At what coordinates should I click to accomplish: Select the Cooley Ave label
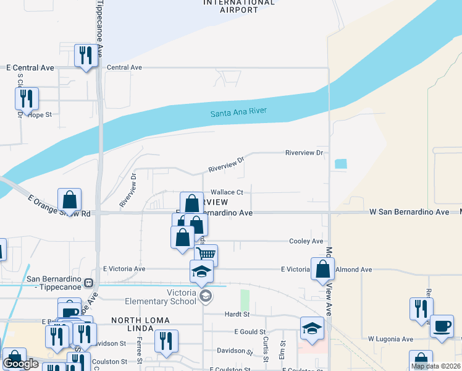click(307, 241)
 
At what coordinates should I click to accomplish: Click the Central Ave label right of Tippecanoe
click(124, 67)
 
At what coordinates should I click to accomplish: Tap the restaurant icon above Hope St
click(27, 98)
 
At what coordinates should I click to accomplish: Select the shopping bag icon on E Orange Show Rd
click(70, 200)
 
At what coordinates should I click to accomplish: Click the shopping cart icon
click(206, 254)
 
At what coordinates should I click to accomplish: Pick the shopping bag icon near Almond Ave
click(322, 269)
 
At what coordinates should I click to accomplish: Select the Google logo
click(20, 364)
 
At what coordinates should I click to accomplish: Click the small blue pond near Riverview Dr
click(340, 164)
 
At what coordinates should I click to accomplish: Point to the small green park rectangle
click(244, 300)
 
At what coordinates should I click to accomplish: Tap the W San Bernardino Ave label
click(409, 212)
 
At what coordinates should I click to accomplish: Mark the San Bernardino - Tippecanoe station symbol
click(88, 283)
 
